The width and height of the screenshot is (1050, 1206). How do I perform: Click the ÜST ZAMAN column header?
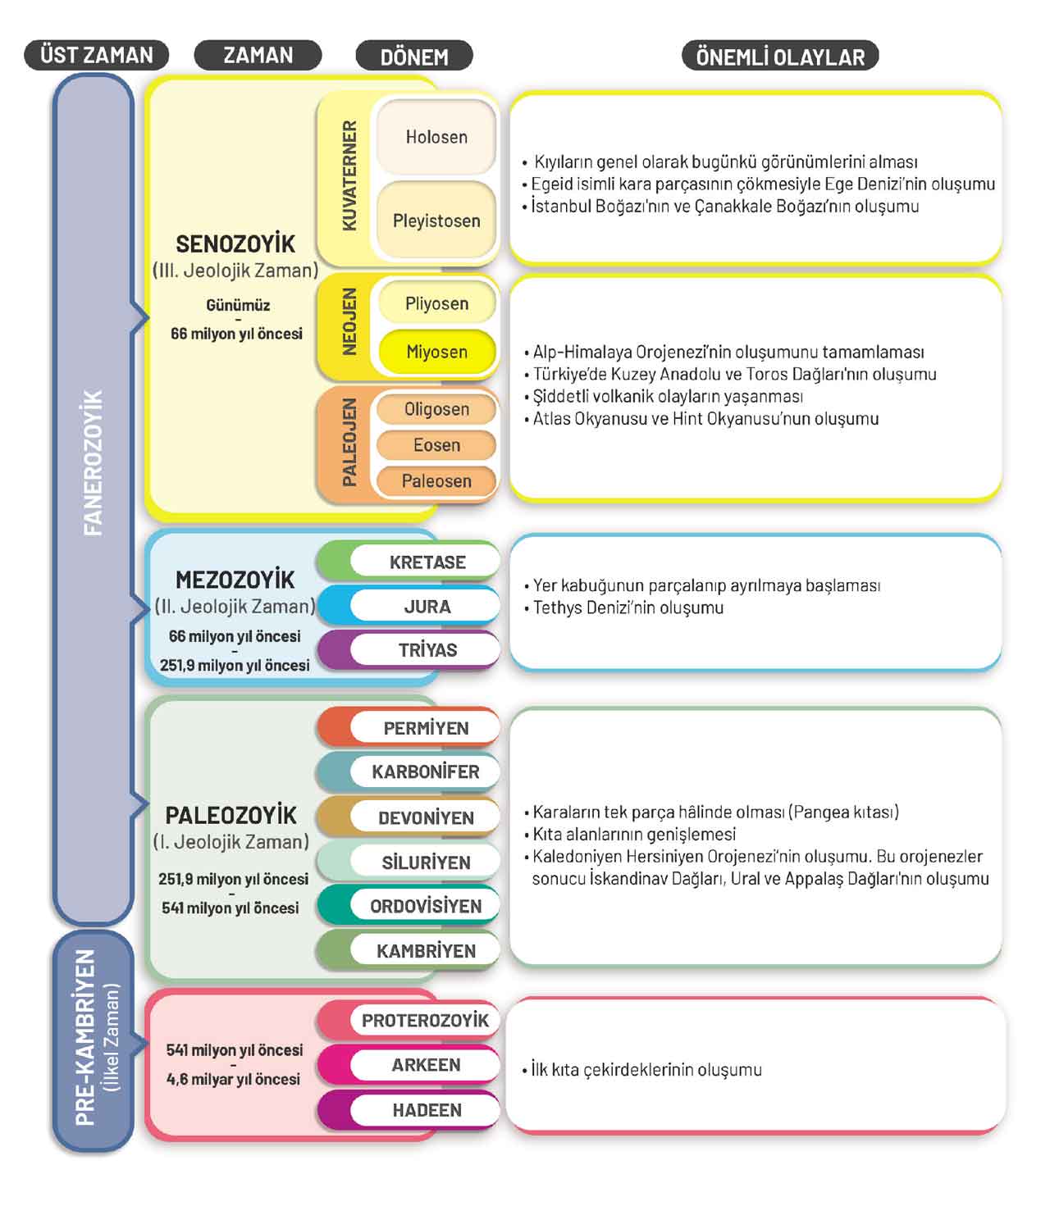[x=97, y=55]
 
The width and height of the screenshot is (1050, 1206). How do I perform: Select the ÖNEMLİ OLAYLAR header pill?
[x=779, y=57]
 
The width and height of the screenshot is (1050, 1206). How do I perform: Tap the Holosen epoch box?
[x=436, y=137]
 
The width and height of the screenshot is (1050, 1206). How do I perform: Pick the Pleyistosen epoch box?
[x=436, y=221]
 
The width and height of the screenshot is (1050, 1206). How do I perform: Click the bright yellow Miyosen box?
[x=436, y=352]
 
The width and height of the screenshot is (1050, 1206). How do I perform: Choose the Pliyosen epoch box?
[x=436, y=303]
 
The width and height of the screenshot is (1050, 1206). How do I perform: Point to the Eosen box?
[x=436, y=445]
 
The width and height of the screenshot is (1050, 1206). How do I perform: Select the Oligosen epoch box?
[x=436, y=409]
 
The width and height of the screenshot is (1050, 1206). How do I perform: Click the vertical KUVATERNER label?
[x=349, y=175]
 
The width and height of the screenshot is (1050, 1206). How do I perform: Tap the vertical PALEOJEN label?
[x=349, y=442]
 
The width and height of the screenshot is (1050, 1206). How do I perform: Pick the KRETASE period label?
[x=427, y=562]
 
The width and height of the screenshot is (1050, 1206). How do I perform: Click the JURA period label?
[x=427, y=607]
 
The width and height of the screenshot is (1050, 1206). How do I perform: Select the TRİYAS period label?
[x=427, y=650]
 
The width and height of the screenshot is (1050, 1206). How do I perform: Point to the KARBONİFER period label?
[x=425, y=771]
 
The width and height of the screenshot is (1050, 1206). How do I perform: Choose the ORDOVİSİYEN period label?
[x=425, y=906]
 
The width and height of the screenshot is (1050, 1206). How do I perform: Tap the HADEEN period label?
[x=426, y=1110]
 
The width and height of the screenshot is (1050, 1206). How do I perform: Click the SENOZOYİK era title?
[x=235, y=243]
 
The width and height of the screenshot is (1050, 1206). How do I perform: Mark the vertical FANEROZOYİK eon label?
[x=94, y=463]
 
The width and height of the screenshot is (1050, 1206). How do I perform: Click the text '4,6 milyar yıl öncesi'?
[x=234, y=1079]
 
